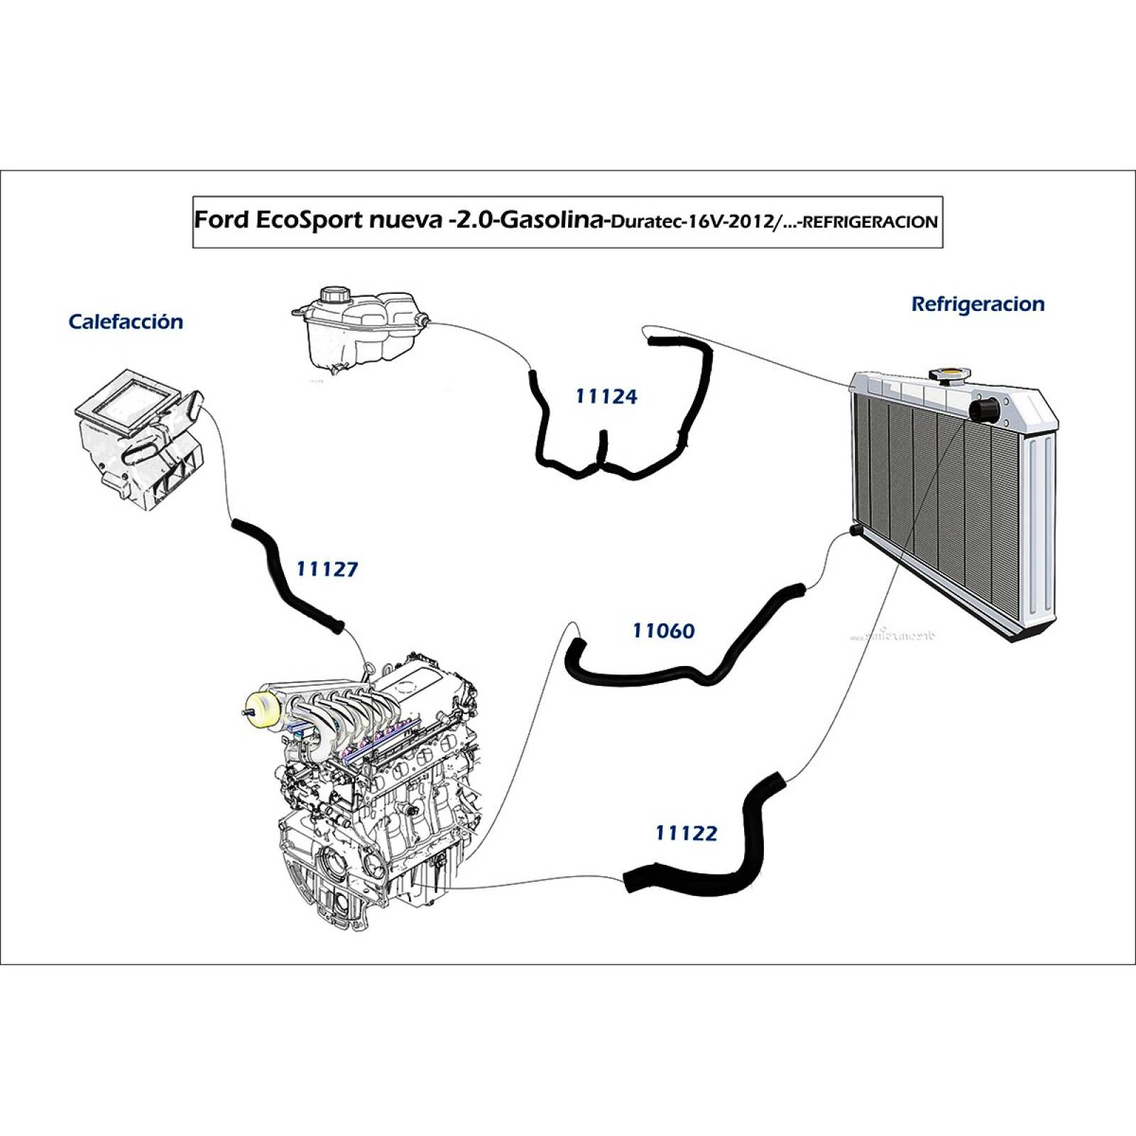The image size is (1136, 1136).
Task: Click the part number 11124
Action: point(606,396)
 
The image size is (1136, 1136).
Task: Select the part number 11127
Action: point(327,569)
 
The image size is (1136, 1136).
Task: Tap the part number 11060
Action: point(663,630)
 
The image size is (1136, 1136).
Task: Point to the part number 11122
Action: point(686,833)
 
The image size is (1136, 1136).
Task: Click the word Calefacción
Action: point(126,322)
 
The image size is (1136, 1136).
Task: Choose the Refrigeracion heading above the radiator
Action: point(977,304)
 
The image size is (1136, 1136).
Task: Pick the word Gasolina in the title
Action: point(554,220)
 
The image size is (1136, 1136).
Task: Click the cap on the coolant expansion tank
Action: point(332,294)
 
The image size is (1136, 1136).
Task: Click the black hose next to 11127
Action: point(288,575)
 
